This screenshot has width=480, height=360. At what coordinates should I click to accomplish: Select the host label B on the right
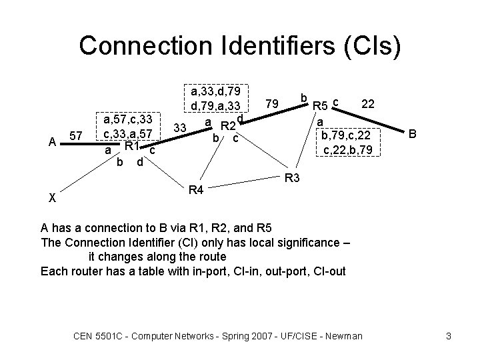point(413,134)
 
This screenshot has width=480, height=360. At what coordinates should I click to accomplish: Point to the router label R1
point(131,146)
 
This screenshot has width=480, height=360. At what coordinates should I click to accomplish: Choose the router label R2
point(229,126)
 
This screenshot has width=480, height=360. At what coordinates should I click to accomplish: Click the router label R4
point(196,191)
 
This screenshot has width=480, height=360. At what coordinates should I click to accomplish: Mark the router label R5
point(321,106)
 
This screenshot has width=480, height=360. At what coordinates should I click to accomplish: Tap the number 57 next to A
point(77,136)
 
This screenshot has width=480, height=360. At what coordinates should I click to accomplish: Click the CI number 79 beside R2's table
point(271,105)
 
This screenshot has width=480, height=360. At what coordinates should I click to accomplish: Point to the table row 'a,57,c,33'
point(129,120)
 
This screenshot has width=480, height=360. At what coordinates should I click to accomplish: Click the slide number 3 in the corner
point(449,335)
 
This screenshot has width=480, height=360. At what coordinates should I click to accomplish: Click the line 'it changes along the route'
point(157,257)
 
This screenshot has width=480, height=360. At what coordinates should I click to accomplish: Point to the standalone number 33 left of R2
point(179,127)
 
